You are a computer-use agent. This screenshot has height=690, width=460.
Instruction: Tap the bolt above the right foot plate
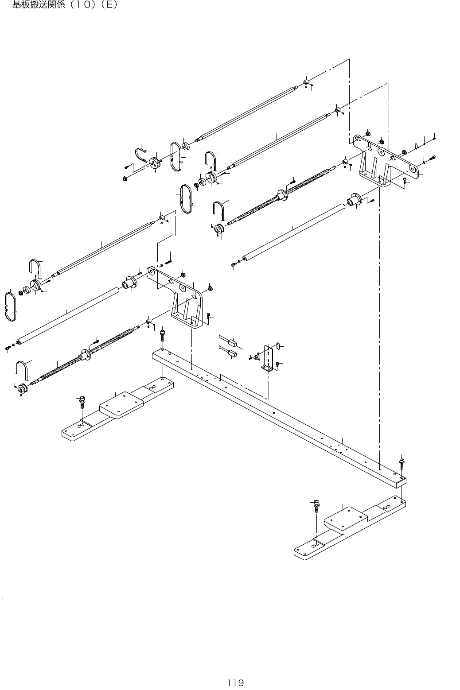pos(316,505)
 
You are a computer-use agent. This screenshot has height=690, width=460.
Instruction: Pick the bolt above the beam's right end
pos(402,463)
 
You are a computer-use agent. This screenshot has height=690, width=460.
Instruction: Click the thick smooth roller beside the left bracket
pos(66,315)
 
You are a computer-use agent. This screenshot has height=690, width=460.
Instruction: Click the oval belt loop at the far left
pos(11,306)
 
